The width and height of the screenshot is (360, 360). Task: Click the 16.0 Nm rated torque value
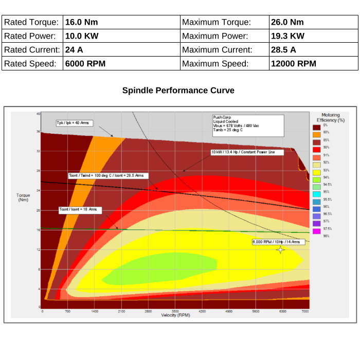tap(81, 23)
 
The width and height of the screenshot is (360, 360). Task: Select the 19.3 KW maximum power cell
tap(287, 36)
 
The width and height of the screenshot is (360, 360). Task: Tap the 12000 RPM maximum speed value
tap(293, 64)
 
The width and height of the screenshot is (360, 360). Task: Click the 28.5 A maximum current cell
tap(283, 50)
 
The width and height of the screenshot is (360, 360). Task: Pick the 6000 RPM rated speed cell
tap(85, 64)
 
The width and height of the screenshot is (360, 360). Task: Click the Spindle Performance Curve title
tap(178, 91)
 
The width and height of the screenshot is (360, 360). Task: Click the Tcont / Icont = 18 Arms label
tap(79, 210)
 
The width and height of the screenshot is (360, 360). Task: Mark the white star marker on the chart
tap(280, 249)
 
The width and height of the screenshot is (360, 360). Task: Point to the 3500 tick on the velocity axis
tap(175, 312)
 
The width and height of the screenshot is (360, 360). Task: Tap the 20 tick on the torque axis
tap(38, 210)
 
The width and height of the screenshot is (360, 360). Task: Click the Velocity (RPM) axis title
tap(175, 315)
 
